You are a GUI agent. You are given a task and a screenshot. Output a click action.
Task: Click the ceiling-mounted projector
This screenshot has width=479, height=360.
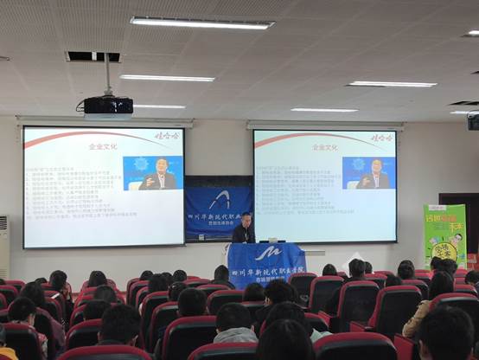(108, 106)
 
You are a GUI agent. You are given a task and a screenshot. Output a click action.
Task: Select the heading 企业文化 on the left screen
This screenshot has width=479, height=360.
(103, 147)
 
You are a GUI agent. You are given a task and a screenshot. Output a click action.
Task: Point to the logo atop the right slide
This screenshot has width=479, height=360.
(381, 137)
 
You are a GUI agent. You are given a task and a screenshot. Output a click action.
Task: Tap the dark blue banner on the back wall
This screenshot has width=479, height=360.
(219, 209)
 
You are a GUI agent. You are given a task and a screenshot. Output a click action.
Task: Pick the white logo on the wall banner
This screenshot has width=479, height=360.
(220, 200)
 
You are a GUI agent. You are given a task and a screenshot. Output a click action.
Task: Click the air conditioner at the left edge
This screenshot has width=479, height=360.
(3, 247)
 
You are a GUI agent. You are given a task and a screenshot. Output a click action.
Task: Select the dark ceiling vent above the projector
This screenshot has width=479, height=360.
(93, 56)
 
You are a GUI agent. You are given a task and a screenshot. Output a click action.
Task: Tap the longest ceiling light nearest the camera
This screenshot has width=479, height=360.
(201, 22)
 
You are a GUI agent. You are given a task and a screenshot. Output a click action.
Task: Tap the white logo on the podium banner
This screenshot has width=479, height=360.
(265, 254)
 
